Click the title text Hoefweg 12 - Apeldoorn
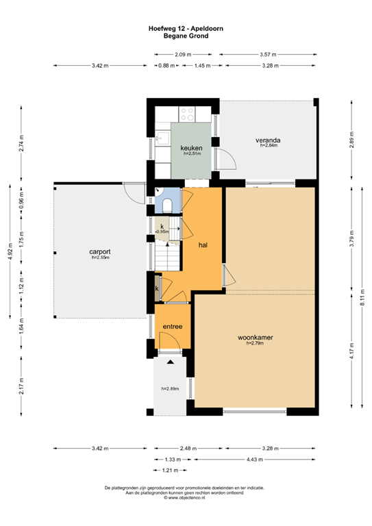tap(186, 28)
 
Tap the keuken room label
tap(190, 148)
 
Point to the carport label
tap(100, 252)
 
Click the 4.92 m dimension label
tap(9, 251)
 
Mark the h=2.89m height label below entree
tap(170, 389)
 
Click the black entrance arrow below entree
tap(170, 360)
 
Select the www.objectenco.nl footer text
tap(186, 498)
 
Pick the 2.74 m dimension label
tap(21, 141)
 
